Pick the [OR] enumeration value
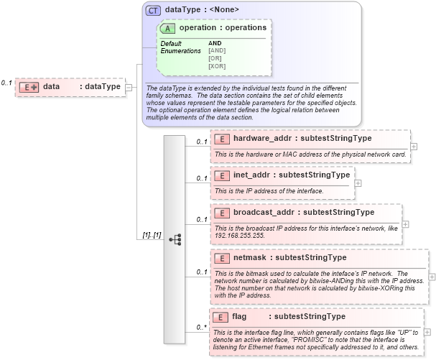point(214,58)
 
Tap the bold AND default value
point(215,43)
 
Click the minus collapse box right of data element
point(129,87)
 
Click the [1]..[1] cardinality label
point(151,235)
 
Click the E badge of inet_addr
point(222,175)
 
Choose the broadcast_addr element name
point(264,212)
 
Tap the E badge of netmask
point(222,257)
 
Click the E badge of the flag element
point(222,316)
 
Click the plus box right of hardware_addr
point(414,147)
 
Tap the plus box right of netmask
point(432,276)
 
